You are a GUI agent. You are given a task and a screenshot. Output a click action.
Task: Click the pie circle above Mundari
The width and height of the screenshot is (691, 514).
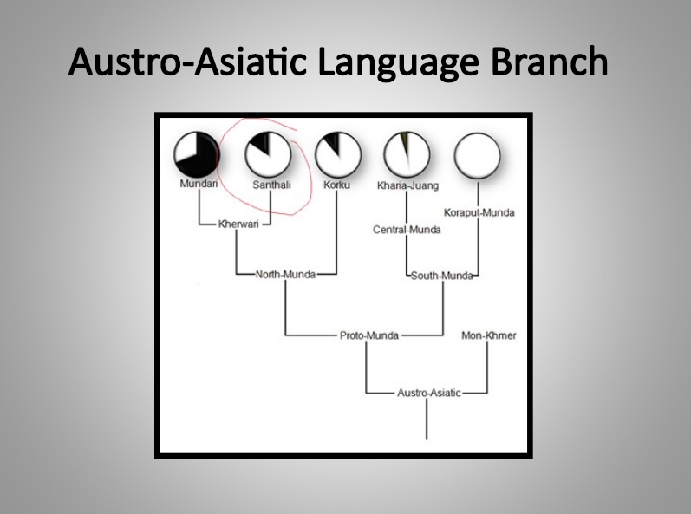tap(196, 154)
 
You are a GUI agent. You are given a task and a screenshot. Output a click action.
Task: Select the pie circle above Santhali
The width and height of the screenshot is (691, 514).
tap(268, 154)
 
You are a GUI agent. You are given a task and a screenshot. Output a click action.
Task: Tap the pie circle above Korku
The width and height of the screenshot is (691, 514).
tap(338, 154)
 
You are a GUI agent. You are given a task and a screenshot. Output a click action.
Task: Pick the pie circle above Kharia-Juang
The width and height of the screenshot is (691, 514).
tap(407, 154)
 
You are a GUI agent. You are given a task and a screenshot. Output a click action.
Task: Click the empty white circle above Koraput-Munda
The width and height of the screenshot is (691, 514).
tap(477, 156)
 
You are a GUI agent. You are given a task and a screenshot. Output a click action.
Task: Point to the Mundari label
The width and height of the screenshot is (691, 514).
tap(199, 184)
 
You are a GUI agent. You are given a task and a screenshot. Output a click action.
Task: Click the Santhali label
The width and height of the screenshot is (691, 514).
tap(272, 185)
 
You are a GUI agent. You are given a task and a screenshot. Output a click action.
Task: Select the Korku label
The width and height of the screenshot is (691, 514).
tap(336, 185)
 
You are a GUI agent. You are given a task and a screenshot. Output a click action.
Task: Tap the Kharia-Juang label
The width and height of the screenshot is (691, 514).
tap(407, 185)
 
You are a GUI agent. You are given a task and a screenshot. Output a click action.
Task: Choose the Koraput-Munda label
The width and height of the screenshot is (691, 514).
tap(479, 212)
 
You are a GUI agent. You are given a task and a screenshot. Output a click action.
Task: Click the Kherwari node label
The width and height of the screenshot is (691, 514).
tap(238, 224)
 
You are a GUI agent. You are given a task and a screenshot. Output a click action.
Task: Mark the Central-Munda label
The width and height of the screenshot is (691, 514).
tap(407, 230)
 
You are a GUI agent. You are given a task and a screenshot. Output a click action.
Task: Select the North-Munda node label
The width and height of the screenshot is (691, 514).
tap(285, 275)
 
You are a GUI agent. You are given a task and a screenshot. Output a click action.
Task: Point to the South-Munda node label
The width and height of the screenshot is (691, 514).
tap(441, 276)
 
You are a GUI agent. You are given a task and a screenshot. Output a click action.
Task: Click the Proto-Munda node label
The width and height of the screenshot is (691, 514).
tap(369, 335)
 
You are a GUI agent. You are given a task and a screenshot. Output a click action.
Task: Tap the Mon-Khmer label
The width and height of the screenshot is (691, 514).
tap(489, 335)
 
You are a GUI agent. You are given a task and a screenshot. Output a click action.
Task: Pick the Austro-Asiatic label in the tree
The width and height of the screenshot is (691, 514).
tap(429, 393)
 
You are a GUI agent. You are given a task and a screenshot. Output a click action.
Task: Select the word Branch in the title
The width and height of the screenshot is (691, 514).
tap(550, 61)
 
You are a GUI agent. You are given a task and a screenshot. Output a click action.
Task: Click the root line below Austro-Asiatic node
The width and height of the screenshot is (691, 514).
tap(427, 419)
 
